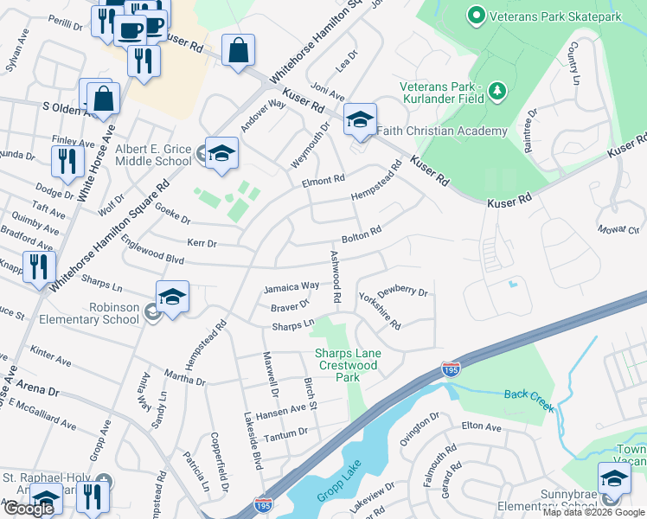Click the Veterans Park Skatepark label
click(556, 16)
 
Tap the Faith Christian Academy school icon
click(360, 119)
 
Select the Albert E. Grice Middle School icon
click(221, 153)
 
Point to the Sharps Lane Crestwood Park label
click(347, 365)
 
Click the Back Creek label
click(528, 394)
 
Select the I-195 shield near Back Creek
click(451, 368)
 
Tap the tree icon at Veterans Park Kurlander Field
click(496, 90)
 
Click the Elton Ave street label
click(482, 426)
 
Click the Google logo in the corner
click(29, 509)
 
